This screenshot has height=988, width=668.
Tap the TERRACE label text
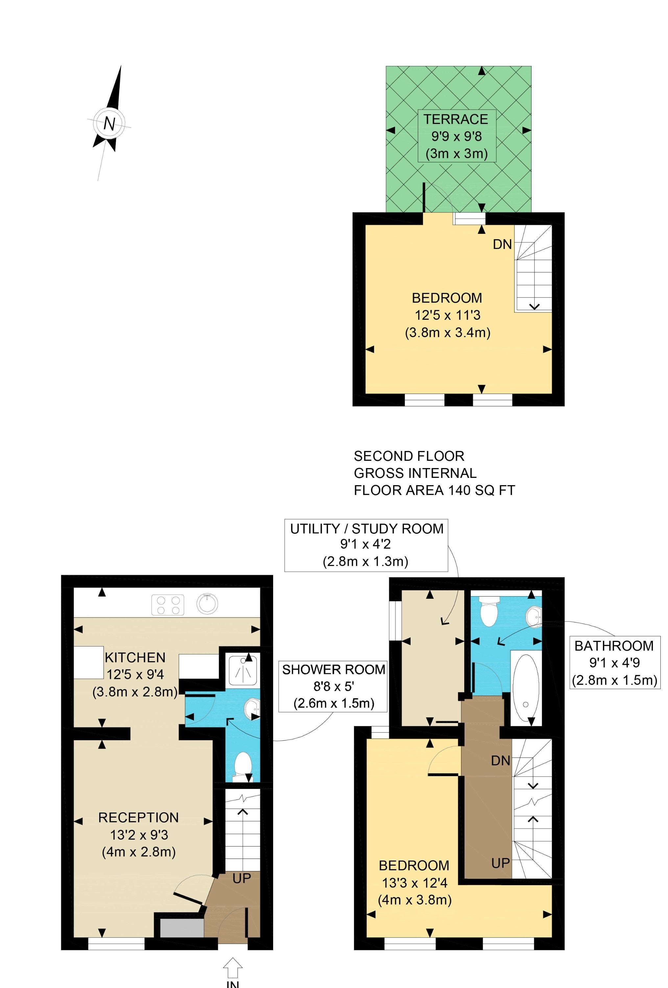pyautogui.click(x=455, y=119)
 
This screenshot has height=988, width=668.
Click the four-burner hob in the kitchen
pyautogui.click(x=168, y=605)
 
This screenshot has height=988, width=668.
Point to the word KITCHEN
pyautogui.click(x=135, y=657)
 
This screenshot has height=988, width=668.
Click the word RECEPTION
pyautogui.click(x=138, y=818)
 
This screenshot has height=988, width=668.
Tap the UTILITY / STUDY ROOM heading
pyautogui.click(x=367, y=528)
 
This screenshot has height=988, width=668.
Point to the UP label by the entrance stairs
pyautogui.click(x=242, y=878)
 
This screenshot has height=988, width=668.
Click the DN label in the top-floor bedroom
pyautogui.click(x=502, y=244)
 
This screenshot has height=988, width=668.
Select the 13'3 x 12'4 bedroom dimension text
pyautogui.click(x=415, y=883)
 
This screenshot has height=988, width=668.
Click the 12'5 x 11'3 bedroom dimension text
pyautogui.click(x=448, y=315)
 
